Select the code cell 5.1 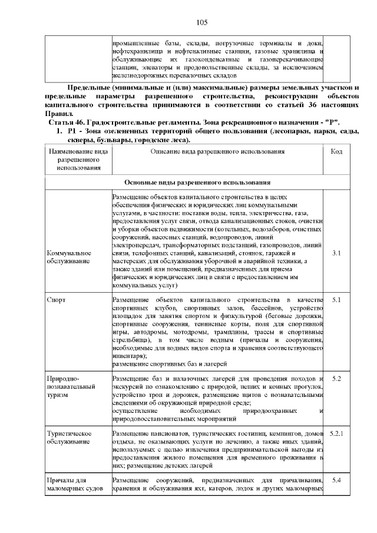[x=337, y=300]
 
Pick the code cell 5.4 [x=337, y=480]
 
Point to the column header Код [x=337, y=151]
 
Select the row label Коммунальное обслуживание [x=69, y=257]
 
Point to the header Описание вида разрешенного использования [x=217, y=151]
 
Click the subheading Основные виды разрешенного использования [x=197, y=183]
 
